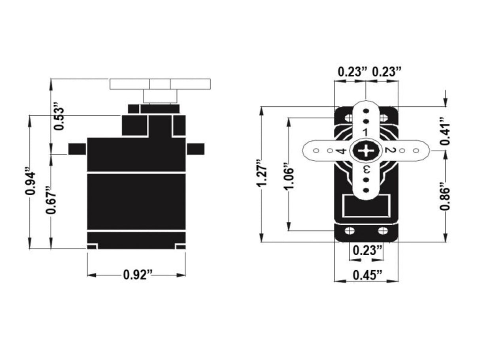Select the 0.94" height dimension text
(x=30, y=182)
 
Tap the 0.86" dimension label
(x=446, y=196)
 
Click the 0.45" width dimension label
(x=366, y=274)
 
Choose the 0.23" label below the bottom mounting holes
(x=367, y=250)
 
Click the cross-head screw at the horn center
(x=365, y=151)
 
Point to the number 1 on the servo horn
(x=366, y=132)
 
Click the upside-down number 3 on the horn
(x=366, y=170)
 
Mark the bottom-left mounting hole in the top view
(x=349, y=231)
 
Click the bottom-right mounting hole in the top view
(x=382, y=231)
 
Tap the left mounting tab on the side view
(x=77, y=149)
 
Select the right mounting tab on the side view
(x=195, y=149)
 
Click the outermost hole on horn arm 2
(x=416, y=151)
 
